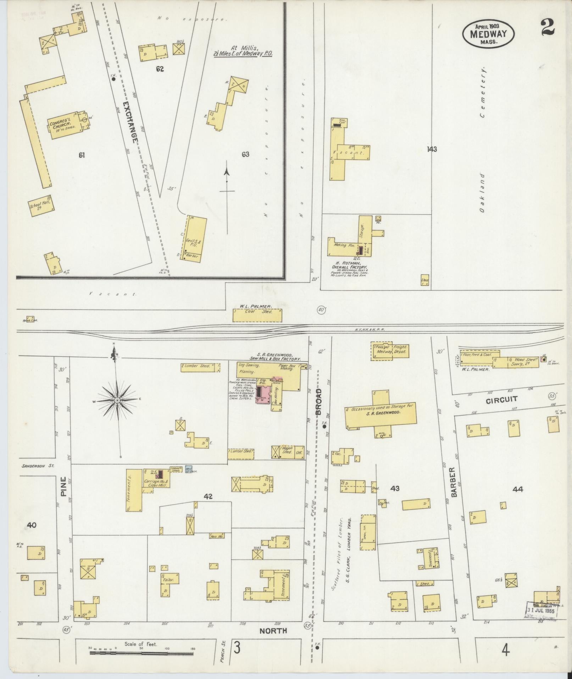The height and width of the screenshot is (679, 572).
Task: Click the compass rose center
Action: click(x=117, y=400)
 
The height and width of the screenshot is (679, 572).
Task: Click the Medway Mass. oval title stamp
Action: click(x=488, y=33)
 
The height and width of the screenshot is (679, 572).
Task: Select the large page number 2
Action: click(x=548, y=27)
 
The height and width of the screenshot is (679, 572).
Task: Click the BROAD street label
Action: click(x=318, y=402)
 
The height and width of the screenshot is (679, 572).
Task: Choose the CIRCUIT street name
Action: click(x=501, y=400)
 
